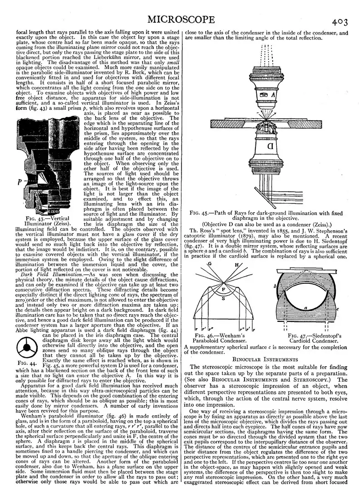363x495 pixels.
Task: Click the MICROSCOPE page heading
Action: tap(181, 19)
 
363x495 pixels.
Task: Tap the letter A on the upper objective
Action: tap(272, 95)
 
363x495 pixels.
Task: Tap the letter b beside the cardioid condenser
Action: tap(275, 286)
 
